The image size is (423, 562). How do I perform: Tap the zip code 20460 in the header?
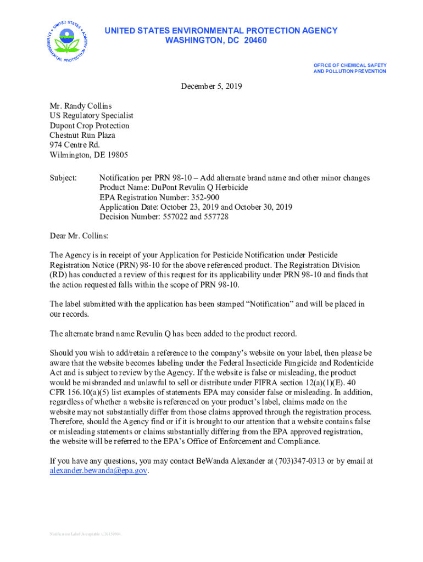pos(254,41)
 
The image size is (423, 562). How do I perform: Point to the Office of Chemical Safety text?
pos(349,65)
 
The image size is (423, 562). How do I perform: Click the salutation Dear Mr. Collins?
pos(79,236)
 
